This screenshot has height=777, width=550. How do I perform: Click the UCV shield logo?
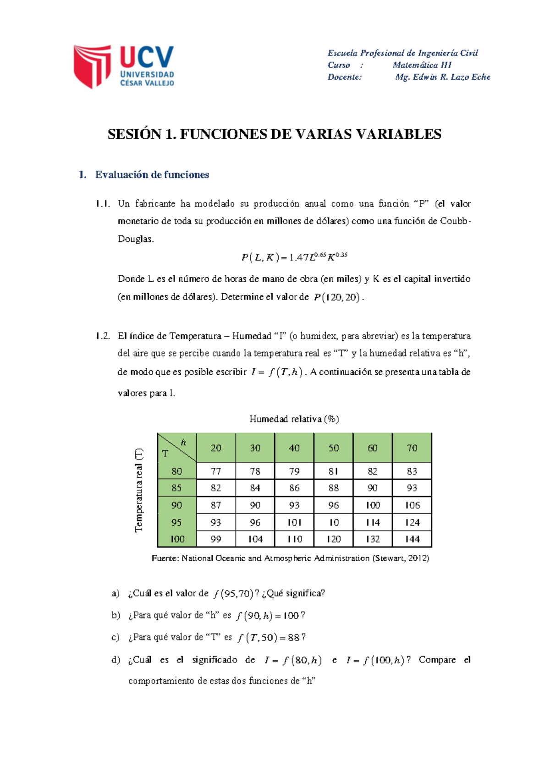(x=93, y=66)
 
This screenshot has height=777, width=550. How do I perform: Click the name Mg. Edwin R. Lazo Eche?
(x=442, y=77)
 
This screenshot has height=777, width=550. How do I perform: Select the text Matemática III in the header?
(x=422, y=65)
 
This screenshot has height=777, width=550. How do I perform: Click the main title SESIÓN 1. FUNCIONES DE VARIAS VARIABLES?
(x=274, y=134)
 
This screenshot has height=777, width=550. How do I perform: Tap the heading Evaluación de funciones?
(x=152, y=175)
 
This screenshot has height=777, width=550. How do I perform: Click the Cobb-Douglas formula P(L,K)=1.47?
(x=294, y=257)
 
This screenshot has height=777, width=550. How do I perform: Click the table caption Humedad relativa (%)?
(x=294, y=419)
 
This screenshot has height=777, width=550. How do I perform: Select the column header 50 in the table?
(x=333, y=448)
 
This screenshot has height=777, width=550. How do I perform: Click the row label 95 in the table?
(x=176, y=522)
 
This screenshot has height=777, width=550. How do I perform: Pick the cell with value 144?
(x=412, y=539)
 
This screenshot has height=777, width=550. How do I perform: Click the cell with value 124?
(x=412, y=522)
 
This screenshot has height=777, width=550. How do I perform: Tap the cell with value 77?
(x=215, y=471)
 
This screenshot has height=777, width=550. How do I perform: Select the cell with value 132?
(x=373, y=539)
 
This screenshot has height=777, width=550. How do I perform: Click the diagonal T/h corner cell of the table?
(x=176, y=448)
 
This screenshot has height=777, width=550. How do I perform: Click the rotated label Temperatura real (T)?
(x=139, y=490)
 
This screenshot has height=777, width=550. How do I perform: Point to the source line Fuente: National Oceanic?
(x=290, y=558)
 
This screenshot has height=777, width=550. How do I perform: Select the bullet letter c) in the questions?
(x=115, y=637)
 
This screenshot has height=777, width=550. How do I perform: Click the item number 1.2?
(x=103, y=336)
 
